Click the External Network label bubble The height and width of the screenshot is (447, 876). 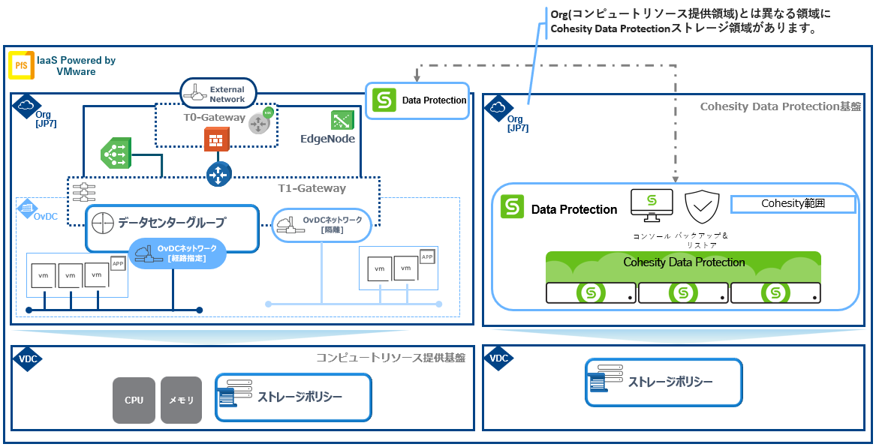coord(218,94)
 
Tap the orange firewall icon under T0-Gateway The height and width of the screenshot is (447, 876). coord(216,139)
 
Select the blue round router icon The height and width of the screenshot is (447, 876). coord(218,174)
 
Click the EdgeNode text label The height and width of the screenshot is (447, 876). coord(327,139)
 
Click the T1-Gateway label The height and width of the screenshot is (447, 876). coord(312,188)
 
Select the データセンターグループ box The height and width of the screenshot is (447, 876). coord(172,223)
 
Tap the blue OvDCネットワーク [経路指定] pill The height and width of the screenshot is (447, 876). coord(178,253)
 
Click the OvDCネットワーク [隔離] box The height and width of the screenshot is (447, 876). coord(321,225)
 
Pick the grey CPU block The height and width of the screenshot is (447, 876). coord(134,400)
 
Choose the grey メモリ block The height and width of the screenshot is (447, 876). coord(181,400)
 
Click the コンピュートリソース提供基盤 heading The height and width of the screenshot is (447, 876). coord(390,358)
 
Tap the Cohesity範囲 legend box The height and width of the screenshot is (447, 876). coord(793,204)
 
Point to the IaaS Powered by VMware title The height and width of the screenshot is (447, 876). coord(76,65)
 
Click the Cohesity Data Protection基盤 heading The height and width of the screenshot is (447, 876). coord(781,106)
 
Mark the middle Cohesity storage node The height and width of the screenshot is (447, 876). coord(682,293)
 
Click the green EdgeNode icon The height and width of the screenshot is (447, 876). coord(343,120)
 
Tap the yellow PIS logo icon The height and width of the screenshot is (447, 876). coord(20,66)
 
